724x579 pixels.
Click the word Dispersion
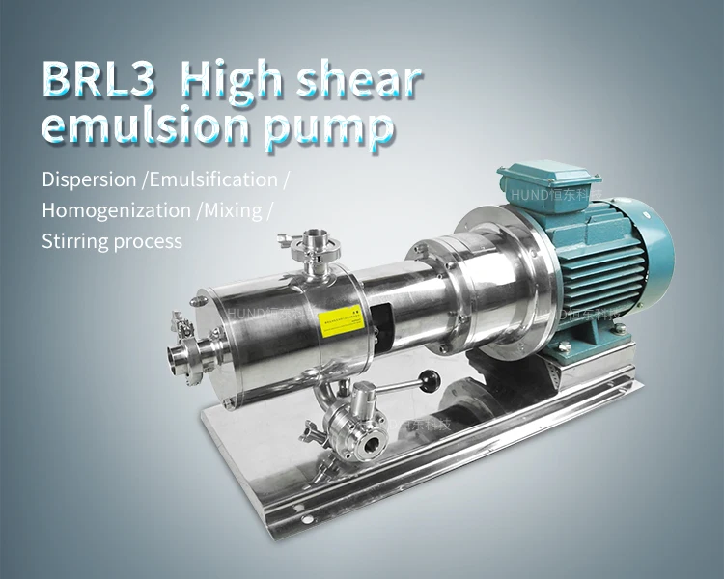pos(88,179)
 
